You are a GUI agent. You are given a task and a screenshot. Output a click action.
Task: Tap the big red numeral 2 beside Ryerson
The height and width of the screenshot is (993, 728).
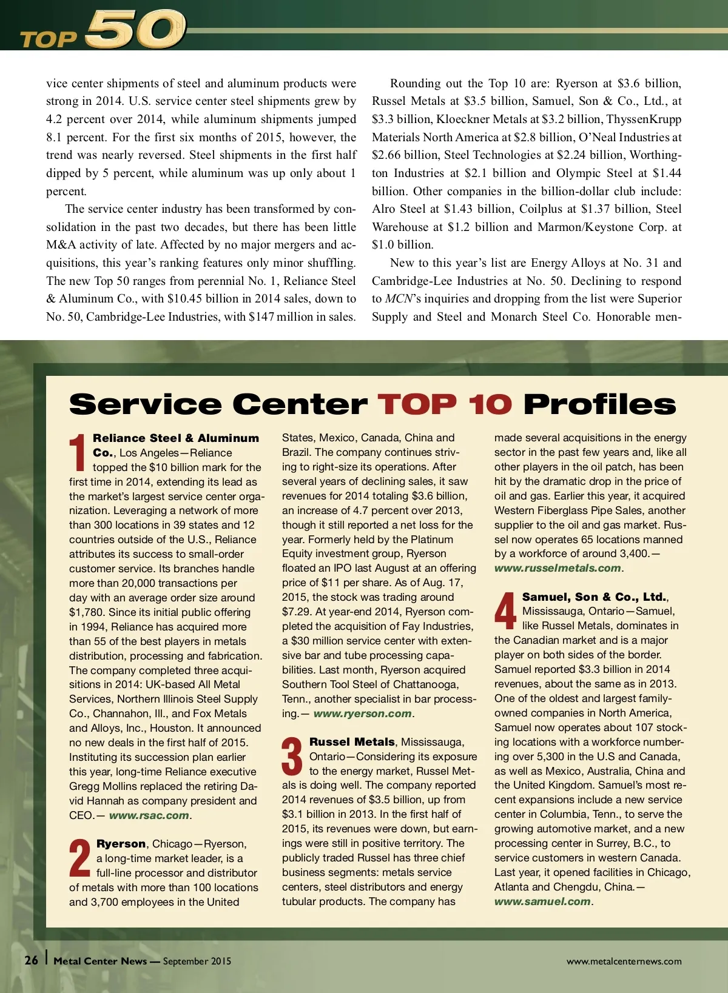80,858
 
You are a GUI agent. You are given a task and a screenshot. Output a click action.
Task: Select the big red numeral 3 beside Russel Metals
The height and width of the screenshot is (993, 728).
292,756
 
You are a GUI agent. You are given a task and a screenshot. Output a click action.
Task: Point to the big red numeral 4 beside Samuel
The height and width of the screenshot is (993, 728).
505,611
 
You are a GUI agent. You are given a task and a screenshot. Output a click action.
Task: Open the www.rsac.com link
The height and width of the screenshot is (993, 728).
149,815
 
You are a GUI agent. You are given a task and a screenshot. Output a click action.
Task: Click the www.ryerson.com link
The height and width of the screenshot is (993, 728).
362,714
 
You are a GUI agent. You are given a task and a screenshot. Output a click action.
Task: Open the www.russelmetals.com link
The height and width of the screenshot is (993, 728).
558,568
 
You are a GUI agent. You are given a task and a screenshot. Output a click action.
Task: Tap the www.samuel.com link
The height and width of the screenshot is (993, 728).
542,901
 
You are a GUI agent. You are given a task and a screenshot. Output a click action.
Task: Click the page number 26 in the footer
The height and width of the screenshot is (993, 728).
32,960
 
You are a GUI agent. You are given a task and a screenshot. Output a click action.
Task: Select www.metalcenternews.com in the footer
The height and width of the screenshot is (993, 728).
624,961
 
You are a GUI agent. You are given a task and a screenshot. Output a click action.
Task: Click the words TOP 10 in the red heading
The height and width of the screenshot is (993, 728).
445,404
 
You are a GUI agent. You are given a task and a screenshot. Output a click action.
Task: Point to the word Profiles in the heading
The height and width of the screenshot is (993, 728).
599,404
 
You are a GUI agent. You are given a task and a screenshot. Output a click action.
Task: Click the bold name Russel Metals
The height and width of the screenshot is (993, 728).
352,742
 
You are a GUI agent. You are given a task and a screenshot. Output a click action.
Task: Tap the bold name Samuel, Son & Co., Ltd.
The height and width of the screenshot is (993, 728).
594,597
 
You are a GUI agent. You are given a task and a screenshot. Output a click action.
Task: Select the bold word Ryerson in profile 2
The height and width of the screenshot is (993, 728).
121,844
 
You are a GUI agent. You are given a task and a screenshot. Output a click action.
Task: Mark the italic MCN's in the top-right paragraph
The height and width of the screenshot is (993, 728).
402,299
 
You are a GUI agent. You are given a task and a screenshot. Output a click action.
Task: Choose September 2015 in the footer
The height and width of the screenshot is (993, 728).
197,961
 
